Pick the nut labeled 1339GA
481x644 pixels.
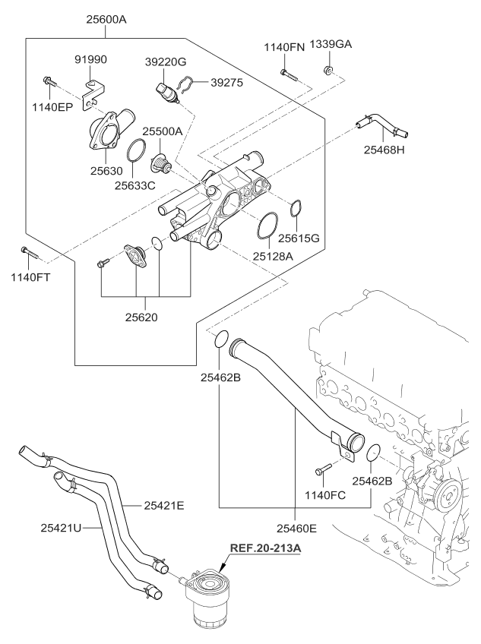pyautogui.click(x=328, y=71)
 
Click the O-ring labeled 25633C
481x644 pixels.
pyautogui.click(x=135, y=151)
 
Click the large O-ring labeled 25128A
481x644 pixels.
pyautogui.click(x=266, y=226)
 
